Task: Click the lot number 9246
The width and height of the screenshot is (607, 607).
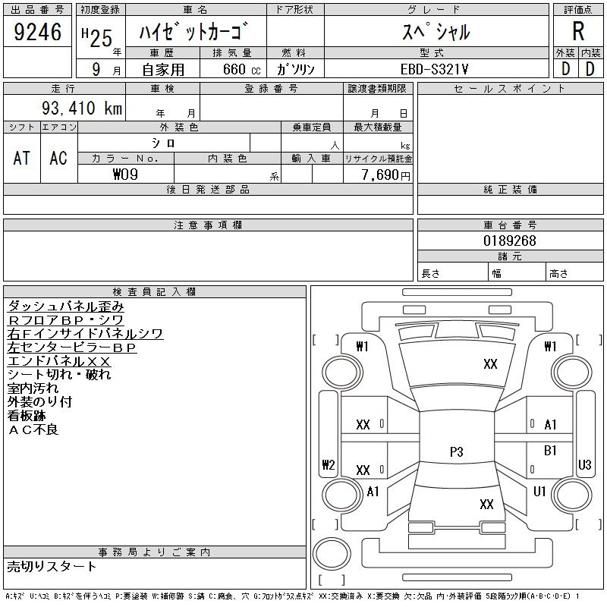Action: tap(37, 32)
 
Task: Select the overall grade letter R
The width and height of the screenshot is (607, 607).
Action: tap(578, 31)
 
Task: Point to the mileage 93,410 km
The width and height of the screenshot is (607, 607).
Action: tap(82, 108)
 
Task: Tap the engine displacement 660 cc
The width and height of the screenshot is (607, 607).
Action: tap(241, 70)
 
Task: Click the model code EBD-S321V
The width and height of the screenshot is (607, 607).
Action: tap(434, 70)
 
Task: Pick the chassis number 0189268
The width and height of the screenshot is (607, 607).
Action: tap(510, 241)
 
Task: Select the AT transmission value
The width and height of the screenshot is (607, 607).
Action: tap(21, 158)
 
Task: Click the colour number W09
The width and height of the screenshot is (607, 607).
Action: tap(125, 175)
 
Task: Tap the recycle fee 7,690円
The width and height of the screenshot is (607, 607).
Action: tap(385, 175)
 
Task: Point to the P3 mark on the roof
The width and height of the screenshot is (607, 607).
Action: tap(457, 451)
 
